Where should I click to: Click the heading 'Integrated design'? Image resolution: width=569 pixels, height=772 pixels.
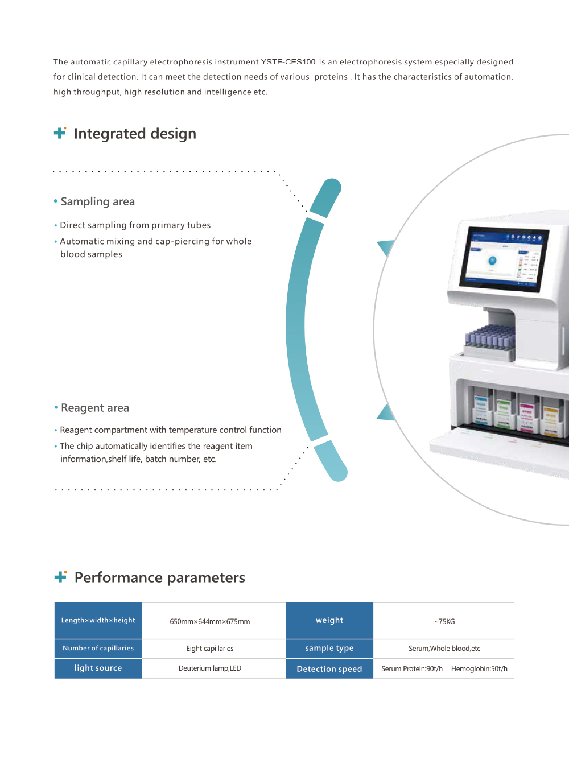pyautogui.click(x=135, y=134)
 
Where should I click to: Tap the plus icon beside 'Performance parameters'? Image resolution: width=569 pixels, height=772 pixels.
pyautogui.click(x=60, y=577)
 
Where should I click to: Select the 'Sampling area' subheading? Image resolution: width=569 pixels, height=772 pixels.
pyautogui.click(x=98, y=201)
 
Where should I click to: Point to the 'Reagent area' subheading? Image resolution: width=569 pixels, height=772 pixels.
pyautogui.click(x=95, y=408)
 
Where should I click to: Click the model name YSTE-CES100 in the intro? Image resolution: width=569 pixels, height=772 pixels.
pyautogui.click(x=288, y=62)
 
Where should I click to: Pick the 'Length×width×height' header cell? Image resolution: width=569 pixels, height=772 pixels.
pyautogui.click(x=98, y=620)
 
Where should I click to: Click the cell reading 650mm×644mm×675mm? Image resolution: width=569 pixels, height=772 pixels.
pyautogui.click(x=210, y=621)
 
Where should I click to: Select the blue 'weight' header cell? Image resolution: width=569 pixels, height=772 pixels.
pyautogui.click(x=329, y=620)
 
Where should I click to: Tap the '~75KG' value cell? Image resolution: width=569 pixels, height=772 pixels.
pyautogui.click(x=444, y=621)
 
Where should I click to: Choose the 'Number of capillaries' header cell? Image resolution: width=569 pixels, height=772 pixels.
pyautogui.click(x=98, y=648)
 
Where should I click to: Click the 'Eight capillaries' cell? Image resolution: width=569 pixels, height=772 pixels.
pyautogui.click(x=210, y=649)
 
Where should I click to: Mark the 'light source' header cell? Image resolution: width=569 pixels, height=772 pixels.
pyautogui.click(x=98, y=668)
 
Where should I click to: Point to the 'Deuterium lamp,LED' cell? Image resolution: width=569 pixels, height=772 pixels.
pyautogui.click(x=210, y=668)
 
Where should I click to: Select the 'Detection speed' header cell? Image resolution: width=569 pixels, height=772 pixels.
pyautogui.click(x=329, y=669)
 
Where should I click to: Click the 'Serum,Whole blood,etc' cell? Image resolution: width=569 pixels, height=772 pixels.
pyautogui.click(x=444, y=649)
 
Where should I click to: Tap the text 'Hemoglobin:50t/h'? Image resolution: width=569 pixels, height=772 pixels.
pyautogui.click(x=479, y=669)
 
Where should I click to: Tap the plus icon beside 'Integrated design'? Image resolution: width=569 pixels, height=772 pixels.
pyautogui.click(x=60, y=133)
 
